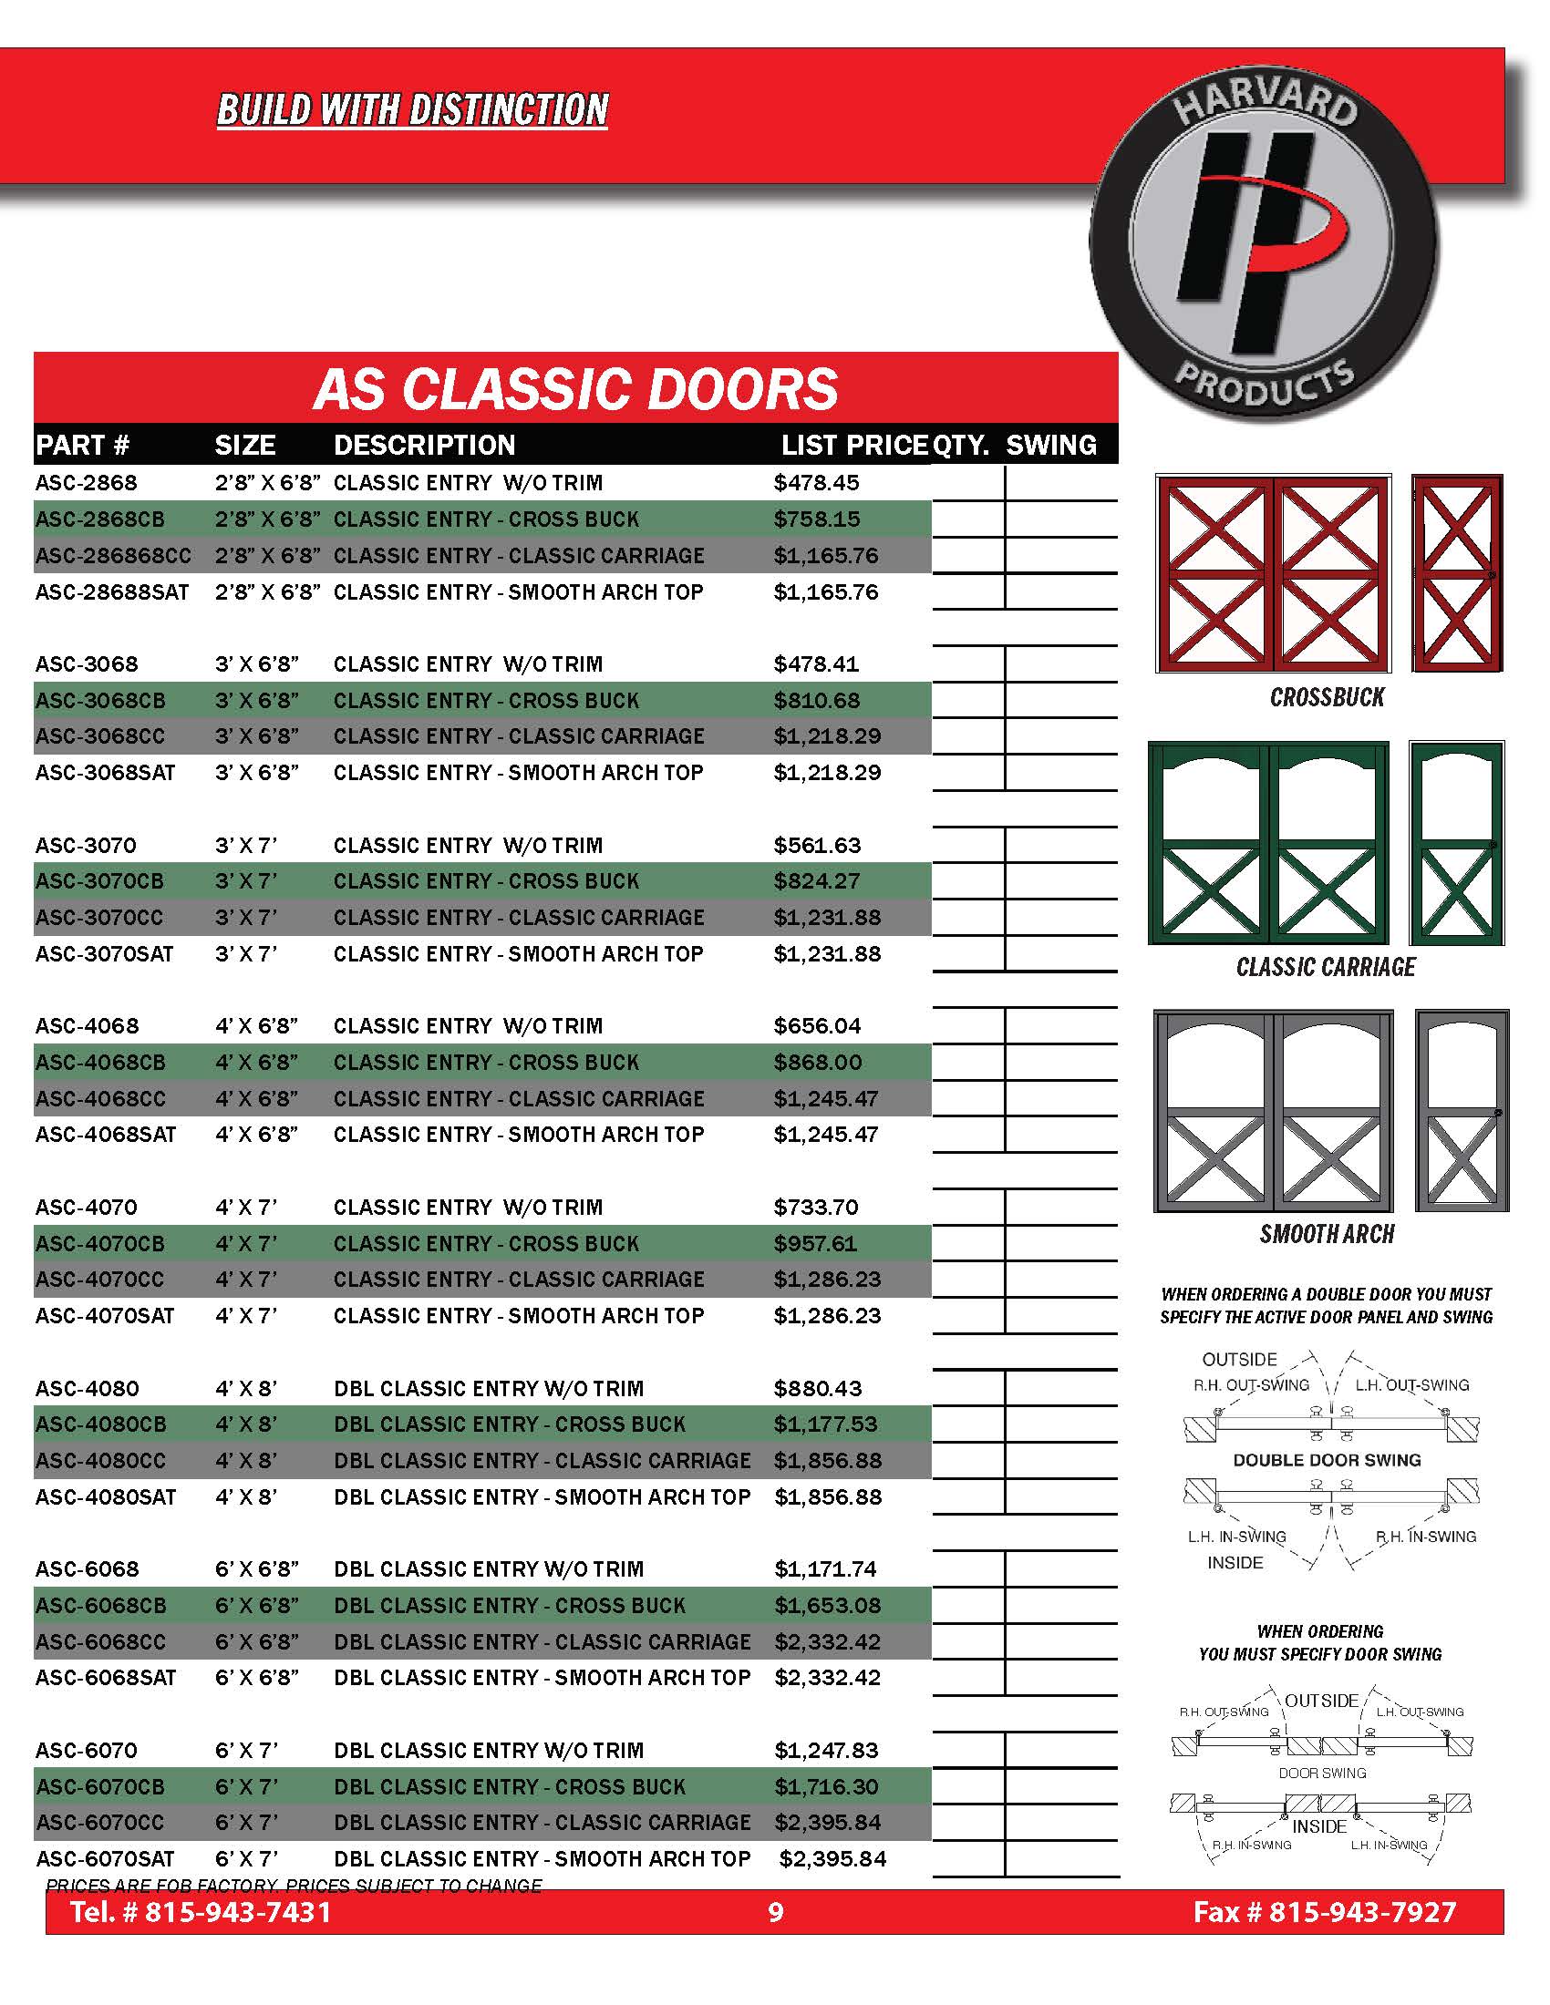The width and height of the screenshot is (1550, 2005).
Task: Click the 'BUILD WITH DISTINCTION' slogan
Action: coord(412,110)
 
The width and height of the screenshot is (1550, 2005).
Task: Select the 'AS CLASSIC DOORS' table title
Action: coord(575,388)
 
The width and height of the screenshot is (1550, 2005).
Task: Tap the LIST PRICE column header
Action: coord(854,446)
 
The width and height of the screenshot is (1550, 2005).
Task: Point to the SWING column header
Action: coord(1051,446)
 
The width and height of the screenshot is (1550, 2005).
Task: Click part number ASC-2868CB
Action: coord(100,519)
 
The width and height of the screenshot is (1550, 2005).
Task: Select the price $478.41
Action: coord(816,663)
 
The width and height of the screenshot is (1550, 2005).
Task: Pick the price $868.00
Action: coord(817,1062)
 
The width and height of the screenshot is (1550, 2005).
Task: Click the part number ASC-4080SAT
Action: coord(106,1497)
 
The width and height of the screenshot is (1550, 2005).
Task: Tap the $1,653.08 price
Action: coord(826,1606)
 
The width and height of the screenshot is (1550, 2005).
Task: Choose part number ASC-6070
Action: coord(87,1751)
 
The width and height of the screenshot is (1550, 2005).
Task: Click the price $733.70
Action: coord(815,1208)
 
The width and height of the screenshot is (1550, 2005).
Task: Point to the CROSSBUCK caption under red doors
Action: coord(1327,698)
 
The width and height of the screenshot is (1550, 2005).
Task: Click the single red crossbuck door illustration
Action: coord(1456,573)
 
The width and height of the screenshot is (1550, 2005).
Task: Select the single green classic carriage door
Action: coord(1456,843)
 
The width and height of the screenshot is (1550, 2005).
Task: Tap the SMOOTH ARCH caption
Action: coord(1327,1235)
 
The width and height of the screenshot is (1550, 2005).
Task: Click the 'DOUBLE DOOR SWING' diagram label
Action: coord(1327,1461)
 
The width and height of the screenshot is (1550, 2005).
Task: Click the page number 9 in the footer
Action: coord(776,1912)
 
